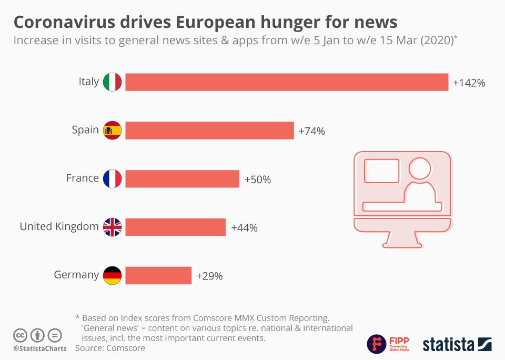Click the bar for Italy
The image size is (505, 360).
pos(287,82)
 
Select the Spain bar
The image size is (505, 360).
pos(209,131)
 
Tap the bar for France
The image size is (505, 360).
pos(182,179)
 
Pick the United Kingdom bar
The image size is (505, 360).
pos(175,227)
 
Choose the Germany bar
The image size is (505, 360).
pos(158,275)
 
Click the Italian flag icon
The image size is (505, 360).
pos(112,82)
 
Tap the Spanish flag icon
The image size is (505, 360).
pos(112,131)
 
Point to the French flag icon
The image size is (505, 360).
pos(112,179)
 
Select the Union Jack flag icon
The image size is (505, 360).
pos(112,227)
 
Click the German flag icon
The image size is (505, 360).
pos(112,275)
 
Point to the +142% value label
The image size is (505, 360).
pos(468,83)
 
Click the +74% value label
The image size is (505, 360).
pos(311,132)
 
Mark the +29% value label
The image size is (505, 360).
pos(209,276)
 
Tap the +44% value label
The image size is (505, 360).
pos(244,228)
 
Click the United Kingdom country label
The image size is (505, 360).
pos(59,227)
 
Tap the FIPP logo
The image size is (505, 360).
pos(388,344)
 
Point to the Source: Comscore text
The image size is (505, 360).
pos(110,348)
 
